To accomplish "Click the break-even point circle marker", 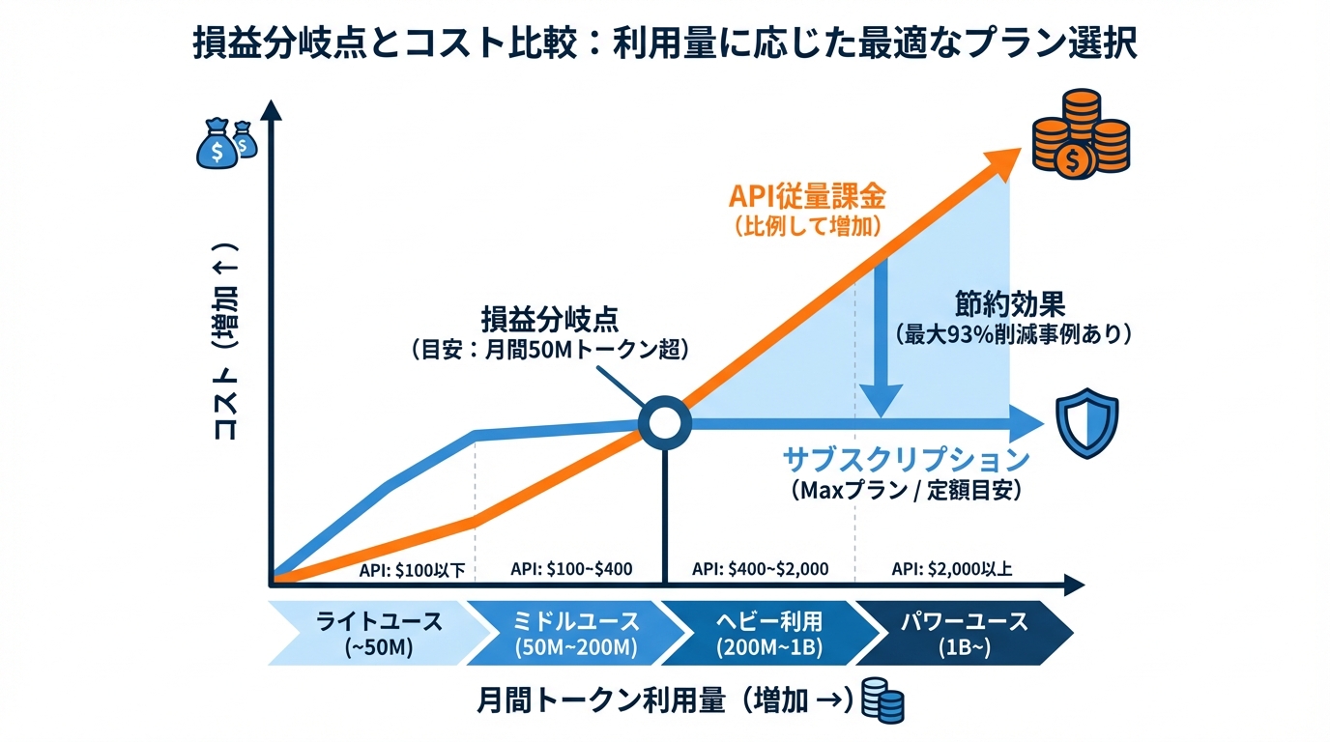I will [665, 422].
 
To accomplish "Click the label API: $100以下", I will [413, 569].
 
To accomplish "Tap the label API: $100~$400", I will [571, 568].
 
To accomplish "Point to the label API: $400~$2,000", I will [760, 568].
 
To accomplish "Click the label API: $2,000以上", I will [952, 568].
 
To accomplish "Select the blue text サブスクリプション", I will [906, 458].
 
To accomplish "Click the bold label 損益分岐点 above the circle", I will [550, 318].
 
